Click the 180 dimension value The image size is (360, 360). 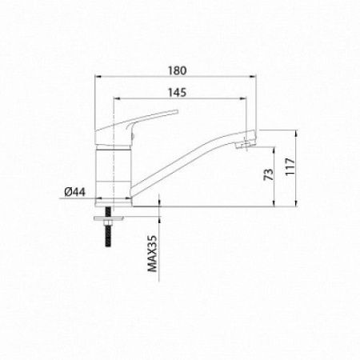click(x=178, y=70)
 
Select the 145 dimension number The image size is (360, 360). click(x=178, y=93)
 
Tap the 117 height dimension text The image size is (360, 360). click(x=290, y=166)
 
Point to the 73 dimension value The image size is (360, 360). click(x=269, y=174)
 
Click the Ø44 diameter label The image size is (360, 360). click(x=75, y=192)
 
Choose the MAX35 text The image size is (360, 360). click(x=153, y=254)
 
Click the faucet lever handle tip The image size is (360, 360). click(x=175, y=111)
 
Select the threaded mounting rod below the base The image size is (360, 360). click(x=109, y=227)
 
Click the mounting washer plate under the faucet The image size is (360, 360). click(x=109, y=218)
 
